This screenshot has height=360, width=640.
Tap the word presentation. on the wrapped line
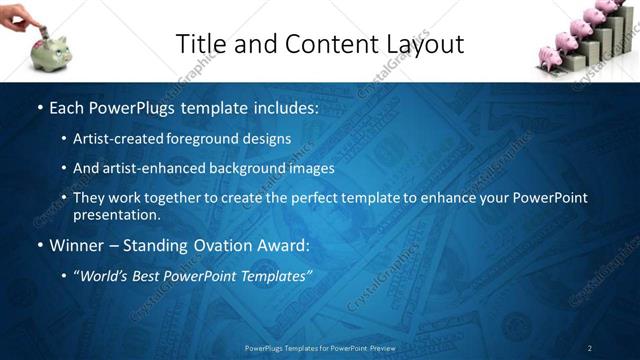(116, 215)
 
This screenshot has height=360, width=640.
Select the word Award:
(282, 245)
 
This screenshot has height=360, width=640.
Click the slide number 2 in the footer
(590, 347)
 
